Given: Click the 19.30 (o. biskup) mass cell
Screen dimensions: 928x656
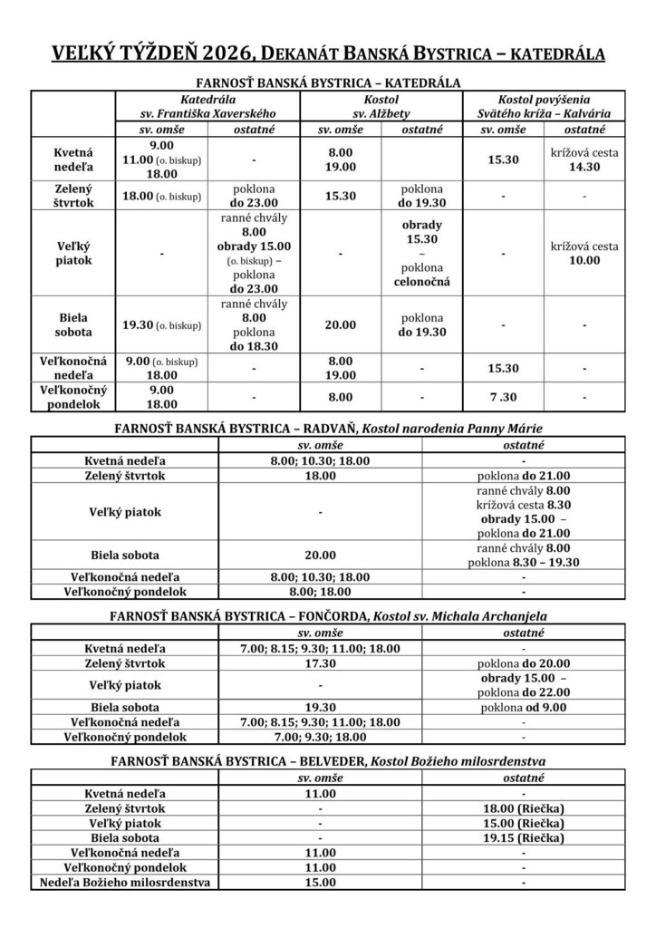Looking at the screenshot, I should click(163, 324).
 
